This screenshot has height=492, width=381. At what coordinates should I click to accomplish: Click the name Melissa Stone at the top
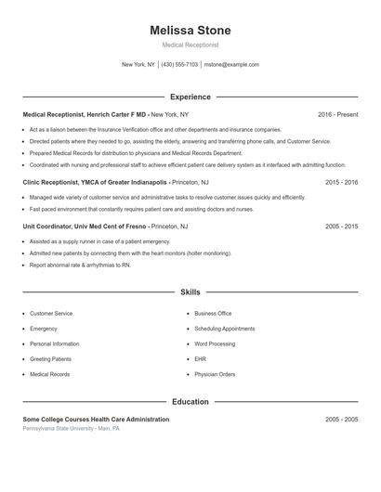(x=190, y=31)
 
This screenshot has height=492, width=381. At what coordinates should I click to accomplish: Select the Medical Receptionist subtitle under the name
(x=190, y=45)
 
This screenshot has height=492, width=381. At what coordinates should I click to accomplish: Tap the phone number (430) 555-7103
(x=180, y=65)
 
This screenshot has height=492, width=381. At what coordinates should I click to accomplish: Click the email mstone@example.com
(x=231, y=65)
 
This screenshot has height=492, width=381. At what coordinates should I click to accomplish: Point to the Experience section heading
(x=190, y=97)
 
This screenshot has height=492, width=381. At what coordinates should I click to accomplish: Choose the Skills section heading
(x=190, y=292)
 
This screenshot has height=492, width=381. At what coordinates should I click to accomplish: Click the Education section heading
(x=190, y=402)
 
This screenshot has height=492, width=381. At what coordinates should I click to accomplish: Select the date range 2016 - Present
(x=337, y=114)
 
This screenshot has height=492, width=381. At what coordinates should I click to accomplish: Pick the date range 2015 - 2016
(x=341, y=183)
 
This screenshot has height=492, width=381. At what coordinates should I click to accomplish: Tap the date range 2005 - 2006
(x=341, y=226)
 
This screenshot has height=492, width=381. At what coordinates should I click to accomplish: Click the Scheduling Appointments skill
(x=224, y=329)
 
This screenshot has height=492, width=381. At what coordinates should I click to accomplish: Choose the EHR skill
(x=200, y=359)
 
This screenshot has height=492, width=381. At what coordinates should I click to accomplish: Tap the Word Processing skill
(x=215, y=343)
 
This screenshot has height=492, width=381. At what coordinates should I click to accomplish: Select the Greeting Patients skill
(x=50, y=359)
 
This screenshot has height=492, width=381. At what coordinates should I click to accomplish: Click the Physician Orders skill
(x=215, y=374)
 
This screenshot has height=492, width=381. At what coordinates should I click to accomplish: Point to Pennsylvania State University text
(x=71, y=428)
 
